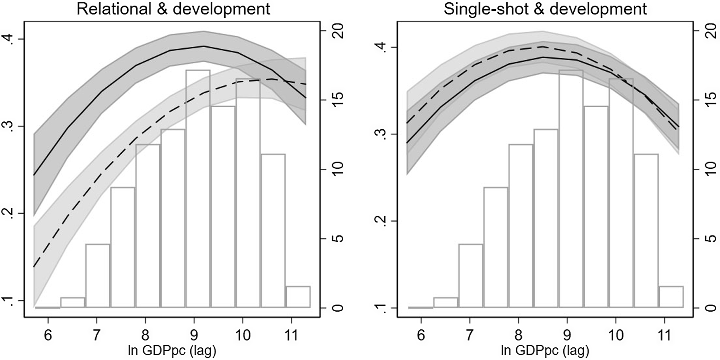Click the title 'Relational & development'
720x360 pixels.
(x=173, y=9)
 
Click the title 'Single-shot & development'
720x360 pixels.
(x=545, y=9)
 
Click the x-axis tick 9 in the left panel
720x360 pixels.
(x=194, y=335)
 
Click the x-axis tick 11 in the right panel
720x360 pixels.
(x=664, y=335)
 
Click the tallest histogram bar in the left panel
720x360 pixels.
(x=198, y=189)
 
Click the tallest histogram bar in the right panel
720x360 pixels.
(x=571, y=189)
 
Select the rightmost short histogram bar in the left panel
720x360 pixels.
(x=298, y=297)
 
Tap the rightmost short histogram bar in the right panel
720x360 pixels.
(x=671, y=297)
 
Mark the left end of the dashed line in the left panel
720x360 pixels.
(x=34, y=266)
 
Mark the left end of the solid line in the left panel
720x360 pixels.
(x=34, y=175)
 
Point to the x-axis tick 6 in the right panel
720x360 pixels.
(x=421, y=335)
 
